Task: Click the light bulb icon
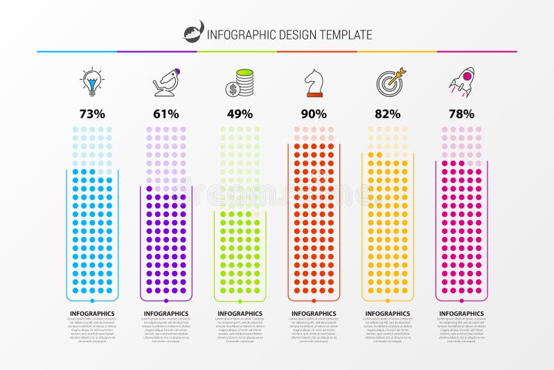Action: coord(92,82)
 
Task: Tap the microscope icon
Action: coord(166,82)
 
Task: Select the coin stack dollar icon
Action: coord(240,82)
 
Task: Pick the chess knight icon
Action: coord(314,83)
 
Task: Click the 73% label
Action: coord(92,114)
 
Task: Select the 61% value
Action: coord(166,114)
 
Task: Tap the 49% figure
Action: coord(240,114)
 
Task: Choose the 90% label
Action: coord(314,114)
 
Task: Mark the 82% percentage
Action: coord(388,114)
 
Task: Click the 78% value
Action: coord(461,114)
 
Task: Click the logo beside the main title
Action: coord(193,32)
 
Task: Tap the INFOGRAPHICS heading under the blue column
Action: coord(92,314)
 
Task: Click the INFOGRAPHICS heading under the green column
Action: coord(240,314)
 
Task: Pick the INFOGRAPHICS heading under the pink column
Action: coord(461,314)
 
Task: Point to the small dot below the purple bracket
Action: coord(166,301)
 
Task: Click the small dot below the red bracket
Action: coord(314,301)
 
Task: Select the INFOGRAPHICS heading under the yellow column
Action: coord(388,314)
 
